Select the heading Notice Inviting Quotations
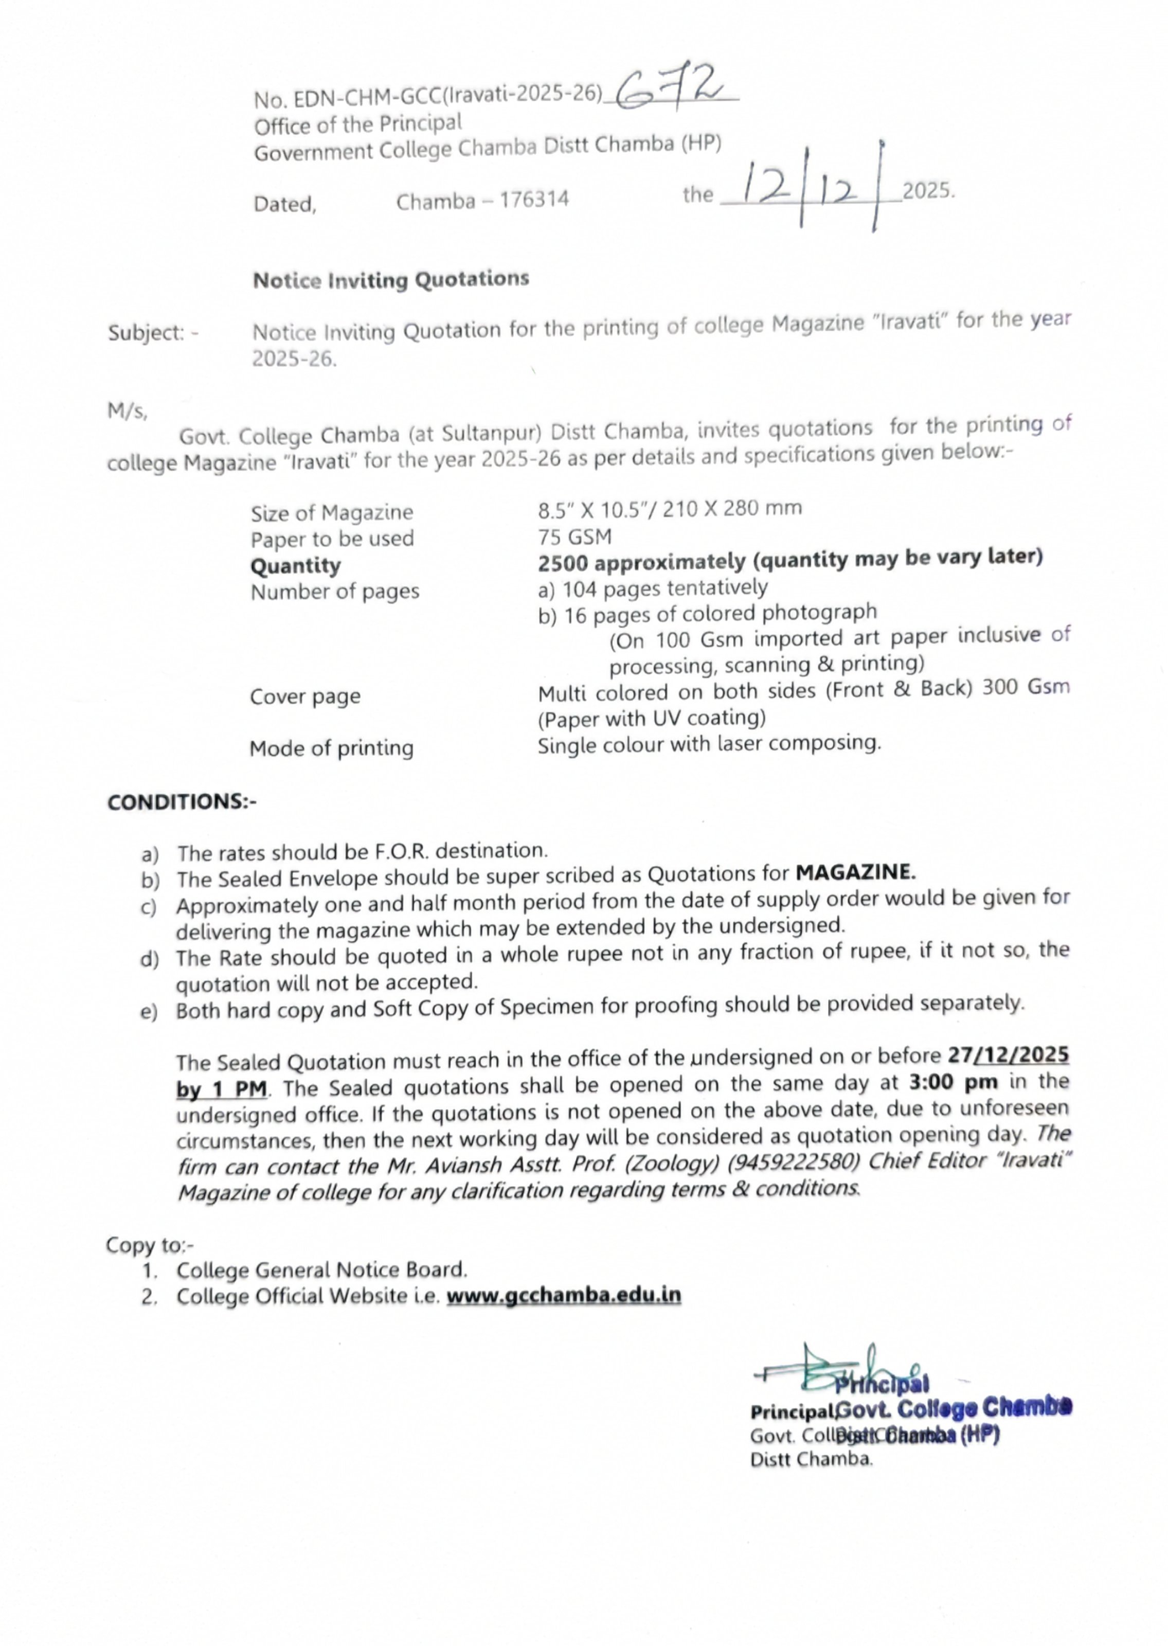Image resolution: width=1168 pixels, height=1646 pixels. pos(390,280)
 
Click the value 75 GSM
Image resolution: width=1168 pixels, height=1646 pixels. pos(574,536)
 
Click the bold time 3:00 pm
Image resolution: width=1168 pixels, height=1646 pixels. pos(953,1082)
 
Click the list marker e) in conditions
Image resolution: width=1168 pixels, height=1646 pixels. pos(149,1012)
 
